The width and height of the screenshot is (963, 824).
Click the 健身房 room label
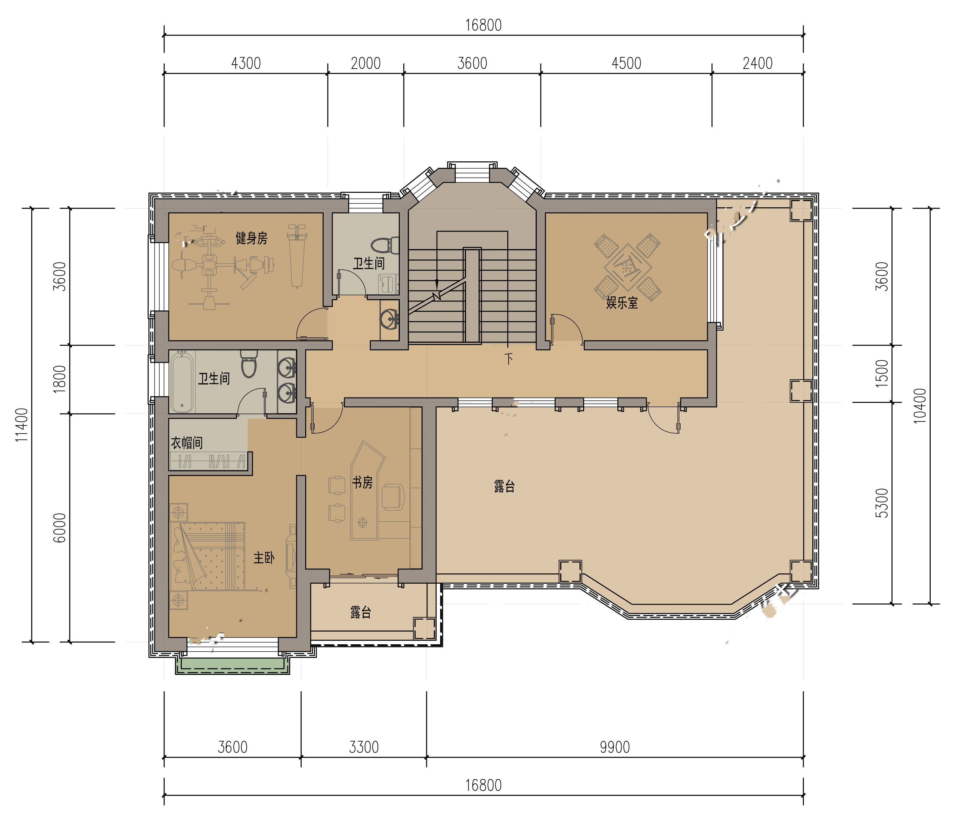coord(252,238)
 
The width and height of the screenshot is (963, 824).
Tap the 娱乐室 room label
coord(622,303)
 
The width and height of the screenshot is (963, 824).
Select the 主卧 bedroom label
coord(264,558)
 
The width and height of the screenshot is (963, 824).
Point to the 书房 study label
coord(362,483)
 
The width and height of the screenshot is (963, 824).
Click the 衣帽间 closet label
coord(187,443)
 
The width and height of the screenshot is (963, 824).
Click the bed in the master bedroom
coord(207,556)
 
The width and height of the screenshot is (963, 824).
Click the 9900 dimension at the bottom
coord(614,747)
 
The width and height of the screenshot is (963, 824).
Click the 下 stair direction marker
coord(509,359)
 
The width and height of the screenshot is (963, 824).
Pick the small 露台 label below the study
coord(361,613)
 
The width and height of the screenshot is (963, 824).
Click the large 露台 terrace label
coord(504,487)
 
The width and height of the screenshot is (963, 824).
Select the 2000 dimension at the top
coord(366,63)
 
